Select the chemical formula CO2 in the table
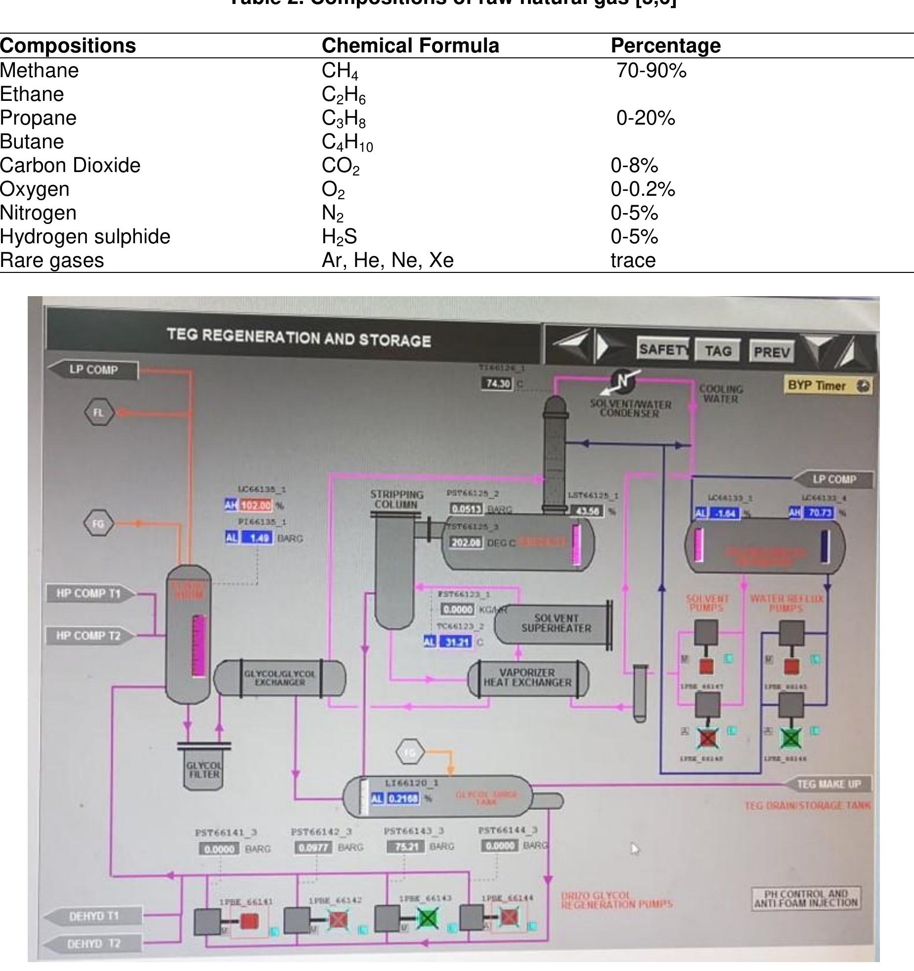coord(341,166)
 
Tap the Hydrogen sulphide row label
coord(85,236)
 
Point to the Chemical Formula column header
coord(410,45)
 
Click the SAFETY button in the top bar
coord(663,350)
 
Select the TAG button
coord(717,351)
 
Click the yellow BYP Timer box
coord(827,386)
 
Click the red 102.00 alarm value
coord(256,505)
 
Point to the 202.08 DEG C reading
coord(466,542)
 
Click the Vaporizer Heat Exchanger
coord(527,678)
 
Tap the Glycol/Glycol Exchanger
coord(279,678)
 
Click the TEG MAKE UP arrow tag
coord(828,784)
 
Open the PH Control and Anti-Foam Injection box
coord(806,898)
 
